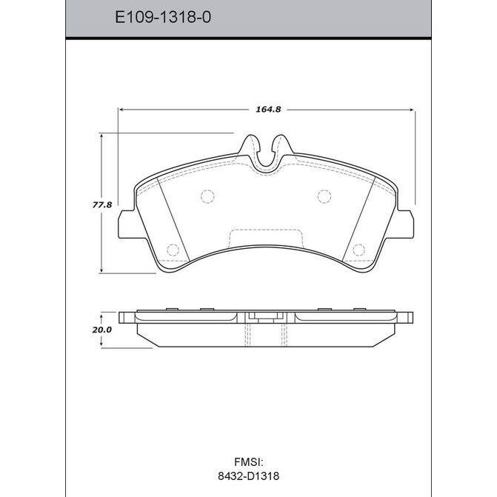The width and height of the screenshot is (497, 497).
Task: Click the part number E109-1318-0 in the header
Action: point(163,17)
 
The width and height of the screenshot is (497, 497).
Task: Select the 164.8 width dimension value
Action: point(268,110)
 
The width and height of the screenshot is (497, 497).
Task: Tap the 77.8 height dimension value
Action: point(102,205)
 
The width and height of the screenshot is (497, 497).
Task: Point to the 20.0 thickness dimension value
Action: point(102,330)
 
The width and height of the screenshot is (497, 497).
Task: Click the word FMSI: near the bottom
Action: point(249,461)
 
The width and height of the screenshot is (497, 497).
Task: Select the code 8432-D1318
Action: point(249,476)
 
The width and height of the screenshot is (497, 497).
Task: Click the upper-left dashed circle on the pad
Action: point(207,196)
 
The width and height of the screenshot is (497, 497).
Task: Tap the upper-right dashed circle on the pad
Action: point(324,196)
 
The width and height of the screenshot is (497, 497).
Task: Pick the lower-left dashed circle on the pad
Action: point(173,250)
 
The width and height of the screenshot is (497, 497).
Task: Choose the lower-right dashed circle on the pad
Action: point(358,250)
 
